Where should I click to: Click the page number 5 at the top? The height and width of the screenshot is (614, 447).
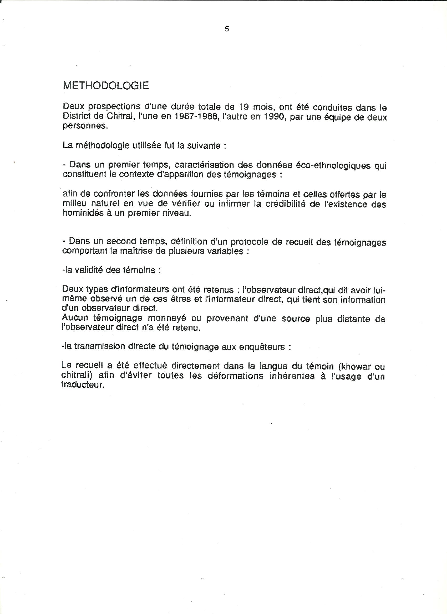coord(227,29)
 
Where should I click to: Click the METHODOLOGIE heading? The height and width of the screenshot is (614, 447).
coord(106,86)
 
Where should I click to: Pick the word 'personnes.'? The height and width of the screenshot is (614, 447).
coord(85,126)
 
